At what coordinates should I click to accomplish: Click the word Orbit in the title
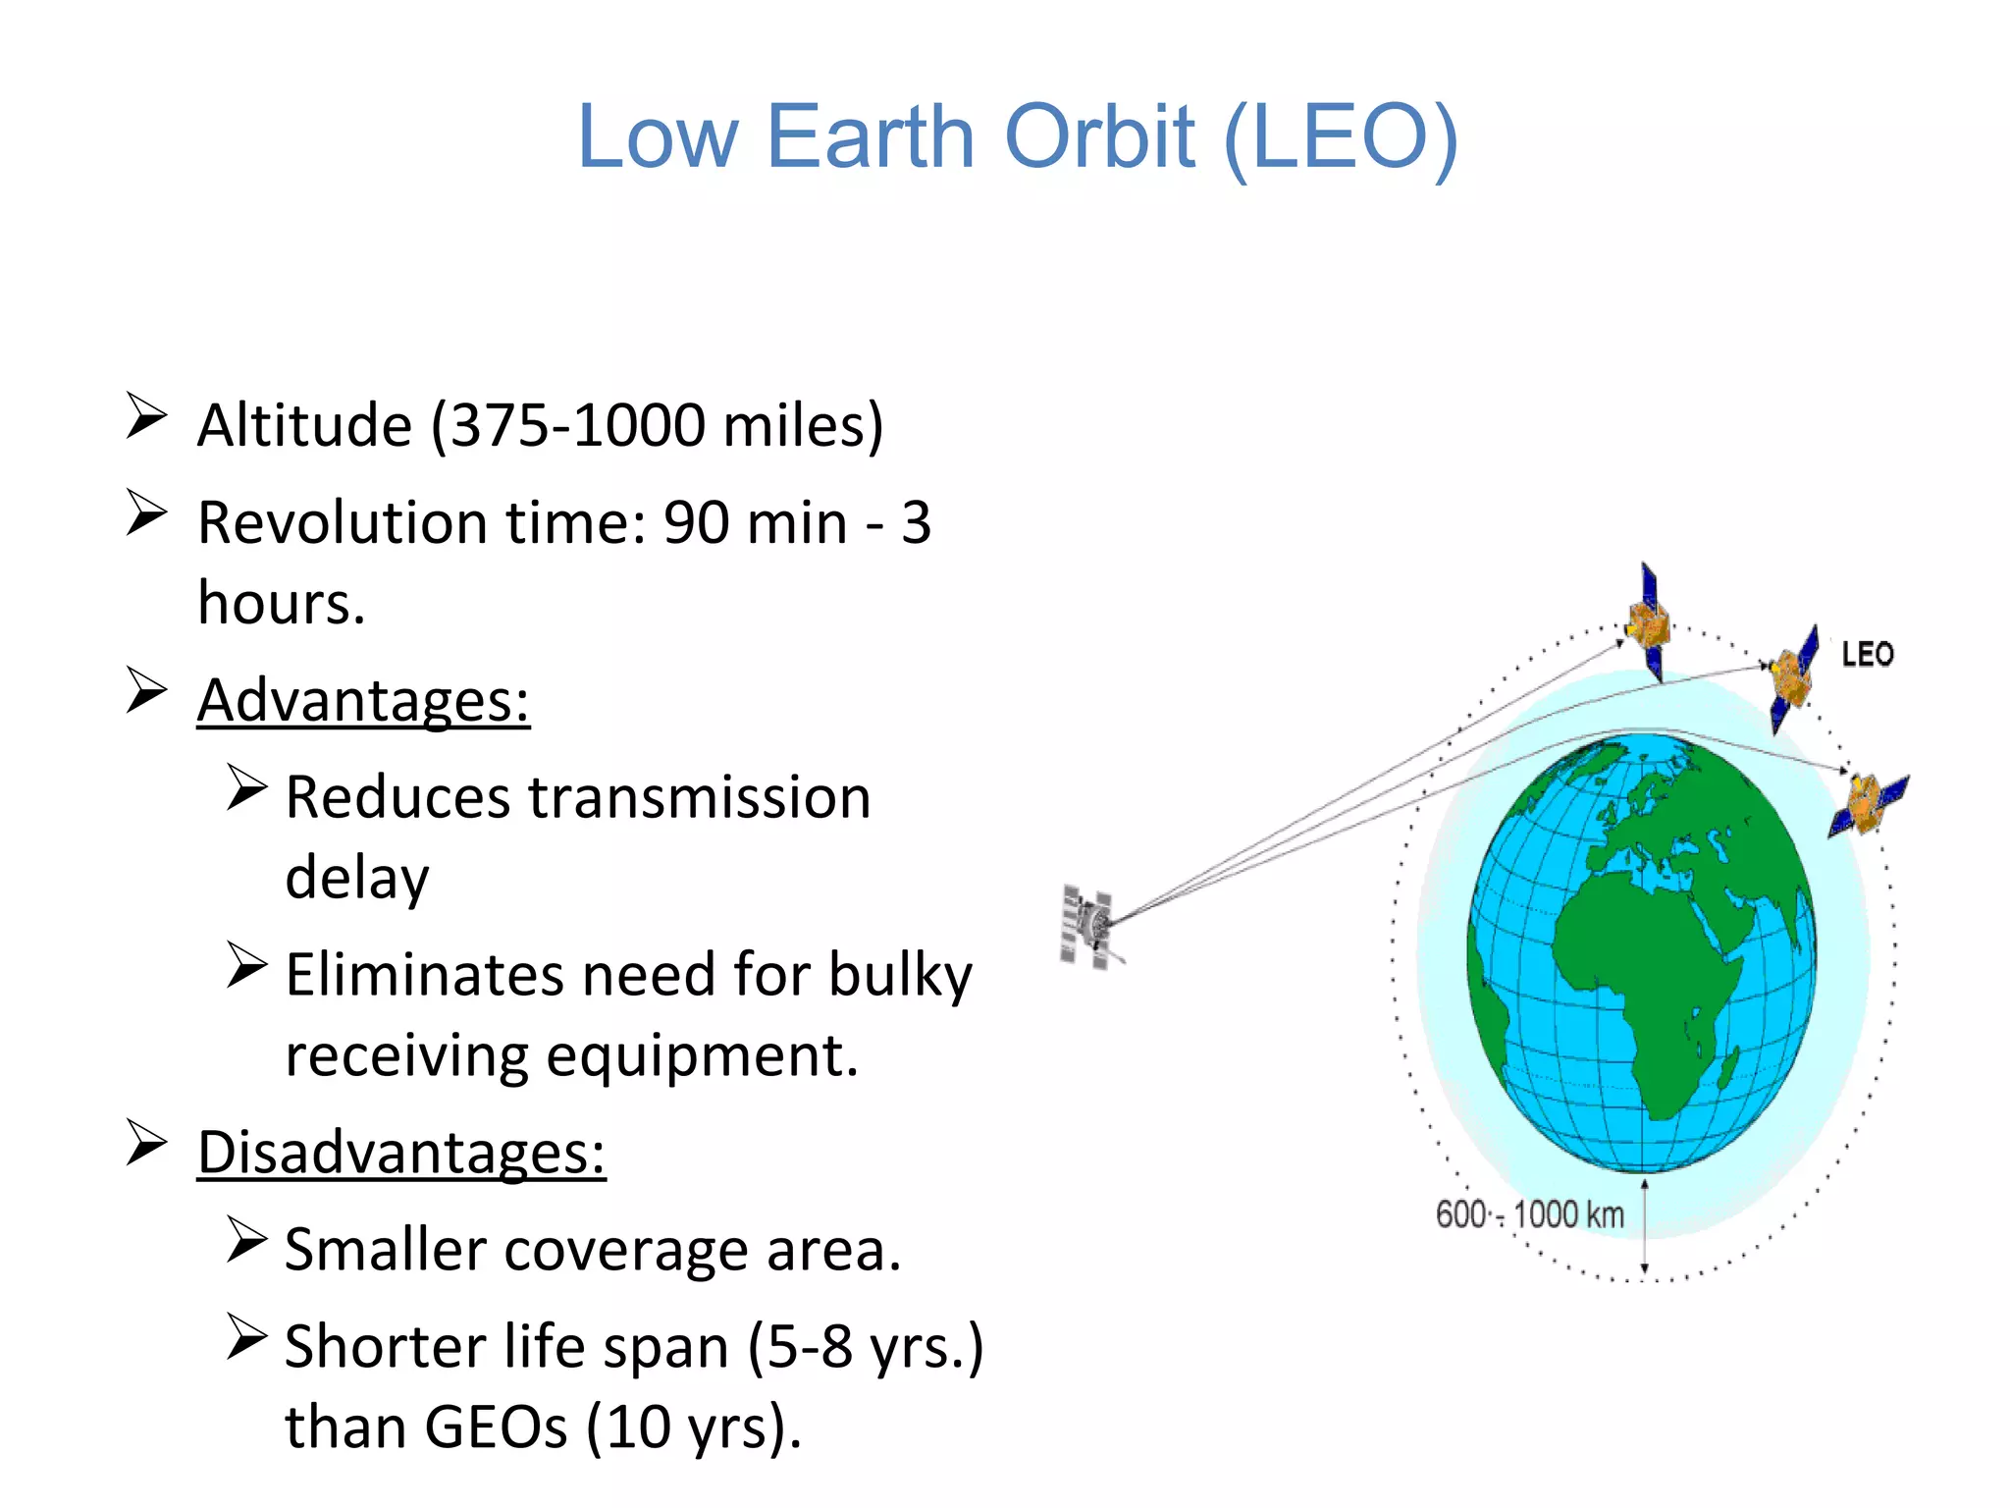pos(1100,137)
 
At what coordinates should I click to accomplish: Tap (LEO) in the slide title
pos(1342,137)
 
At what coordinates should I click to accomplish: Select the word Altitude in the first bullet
pos(304,426)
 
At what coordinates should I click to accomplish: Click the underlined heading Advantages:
pos(363,701)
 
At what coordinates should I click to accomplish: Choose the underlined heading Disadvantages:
pos(401,1153)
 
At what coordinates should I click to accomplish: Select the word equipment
pos(702,1056)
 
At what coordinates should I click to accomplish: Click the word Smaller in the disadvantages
pos(384,1251)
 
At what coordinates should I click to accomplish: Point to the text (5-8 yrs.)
pos(865,1347)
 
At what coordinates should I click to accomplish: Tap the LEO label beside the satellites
pos(1867,655)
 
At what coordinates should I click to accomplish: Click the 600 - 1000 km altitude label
pos(1529,1215)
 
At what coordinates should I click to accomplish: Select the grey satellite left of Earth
pos(1087,926)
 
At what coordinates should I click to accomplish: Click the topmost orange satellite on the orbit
pos(1648,622)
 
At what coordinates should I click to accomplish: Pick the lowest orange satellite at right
pos(1866,803)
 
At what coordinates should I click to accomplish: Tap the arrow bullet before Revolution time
pos(146,513)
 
